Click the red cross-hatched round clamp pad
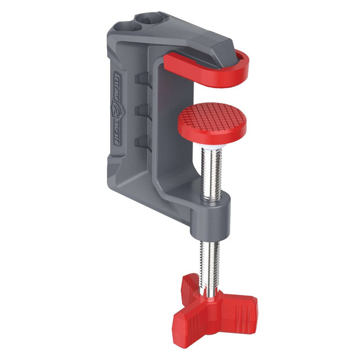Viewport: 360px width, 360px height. (x=212, y=118)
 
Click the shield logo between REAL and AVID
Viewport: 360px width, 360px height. (x=117, y=107)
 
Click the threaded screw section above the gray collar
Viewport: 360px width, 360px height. (x=211, y=172)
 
